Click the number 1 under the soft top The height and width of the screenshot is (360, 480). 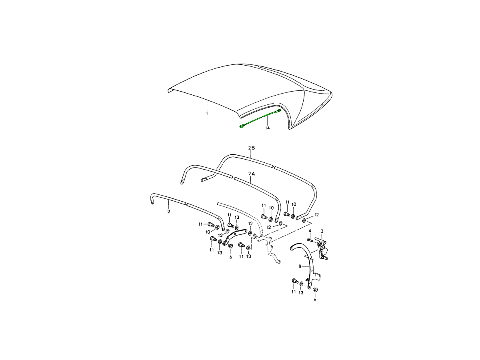coord(207,113)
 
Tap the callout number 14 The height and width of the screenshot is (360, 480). coord(267,128)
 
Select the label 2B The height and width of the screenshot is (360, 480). coord(252,148)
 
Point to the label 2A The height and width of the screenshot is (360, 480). coord(252,174)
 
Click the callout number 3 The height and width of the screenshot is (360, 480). coord(322,231)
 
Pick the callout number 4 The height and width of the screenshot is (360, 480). coord(310,231)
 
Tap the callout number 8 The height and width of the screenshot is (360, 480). coord(300,266)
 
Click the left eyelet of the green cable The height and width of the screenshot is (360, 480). coord(242,126)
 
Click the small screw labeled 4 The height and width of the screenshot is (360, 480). coord(310,240)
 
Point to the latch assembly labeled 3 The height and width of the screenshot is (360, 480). coord(322,249)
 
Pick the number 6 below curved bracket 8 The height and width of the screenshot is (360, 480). coord(315,300)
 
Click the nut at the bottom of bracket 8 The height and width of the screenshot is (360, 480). coord(315,290)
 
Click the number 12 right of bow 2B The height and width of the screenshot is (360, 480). coord(316,215)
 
